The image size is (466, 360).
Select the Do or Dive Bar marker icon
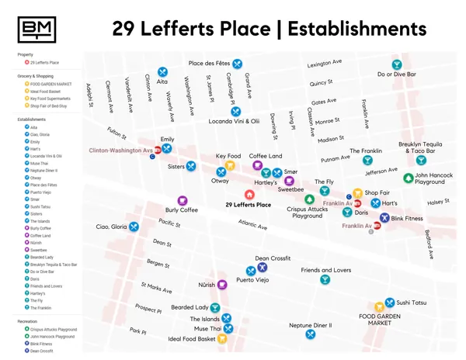[396, 64]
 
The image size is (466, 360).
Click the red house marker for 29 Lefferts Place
[249, 195]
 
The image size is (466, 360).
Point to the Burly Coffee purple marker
[183, 201]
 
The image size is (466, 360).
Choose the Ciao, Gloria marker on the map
[134, 227]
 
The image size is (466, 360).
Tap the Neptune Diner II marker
[311, 334]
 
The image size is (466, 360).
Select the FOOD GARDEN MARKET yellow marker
[380, 306]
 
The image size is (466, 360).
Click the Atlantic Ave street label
[252, 226]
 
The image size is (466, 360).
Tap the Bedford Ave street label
[429, 243]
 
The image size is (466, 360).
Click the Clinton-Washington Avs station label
[120, 150]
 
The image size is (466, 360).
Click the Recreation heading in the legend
[26, 320]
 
